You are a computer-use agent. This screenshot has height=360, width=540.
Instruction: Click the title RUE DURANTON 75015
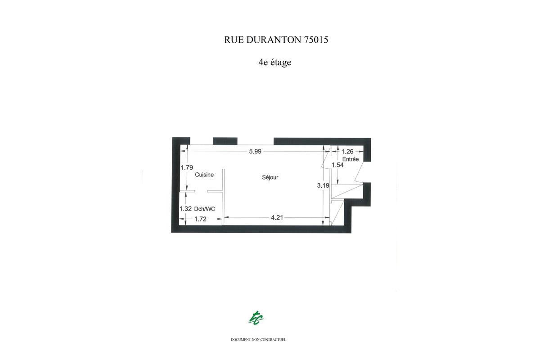coord(276,40)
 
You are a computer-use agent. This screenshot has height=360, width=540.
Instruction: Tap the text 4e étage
coord(275,63)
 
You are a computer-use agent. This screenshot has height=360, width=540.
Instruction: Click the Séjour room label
coord(270,177)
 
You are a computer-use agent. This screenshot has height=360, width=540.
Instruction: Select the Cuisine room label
coord(204,175)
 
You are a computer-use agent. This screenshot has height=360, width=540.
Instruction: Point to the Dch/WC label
coord(204,209)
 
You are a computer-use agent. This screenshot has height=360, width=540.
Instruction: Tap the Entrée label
coord(351,159)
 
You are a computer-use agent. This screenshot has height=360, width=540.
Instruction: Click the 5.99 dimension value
coord(255,152)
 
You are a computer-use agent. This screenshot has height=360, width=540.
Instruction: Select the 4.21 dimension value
coord(277,218)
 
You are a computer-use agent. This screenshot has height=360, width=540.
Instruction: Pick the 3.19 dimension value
coord(323,185)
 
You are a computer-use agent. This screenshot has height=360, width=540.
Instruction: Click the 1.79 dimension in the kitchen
coord(187,167)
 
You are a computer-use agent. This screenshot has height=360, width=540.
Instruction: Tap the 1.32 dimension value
coord(185,209)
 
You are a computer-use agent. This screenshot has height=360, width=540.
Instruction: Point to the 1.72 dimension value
coord(200,219)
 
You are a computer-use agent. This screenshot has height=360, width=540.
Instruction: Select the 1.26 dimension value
coord(347,152)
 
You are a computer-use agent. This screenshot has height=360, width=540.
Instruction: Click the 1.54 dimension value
coord(337,165)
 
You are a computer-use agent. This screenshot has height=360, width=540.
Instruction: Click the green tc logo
coord(256,318)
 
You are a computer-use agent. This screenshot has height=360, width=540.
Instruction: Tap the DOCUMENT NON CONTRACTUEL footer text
coord(258,340)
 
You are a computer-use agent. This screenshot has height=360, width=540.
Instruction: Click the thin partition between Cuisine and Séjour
coord(223,197)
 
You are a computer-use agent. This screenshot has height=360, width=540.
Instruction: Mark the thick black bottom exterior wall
coord(261,229)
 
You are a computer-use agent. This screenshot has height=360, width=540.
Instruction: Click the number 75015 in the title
coord(315,40)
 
